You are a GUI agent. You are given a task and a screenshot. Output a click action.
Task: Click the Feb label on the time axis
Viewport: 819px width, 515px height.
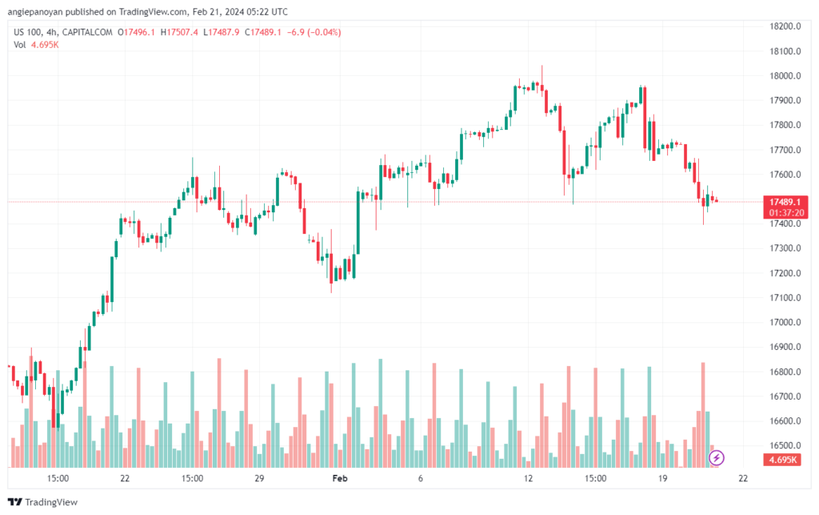[340, 478]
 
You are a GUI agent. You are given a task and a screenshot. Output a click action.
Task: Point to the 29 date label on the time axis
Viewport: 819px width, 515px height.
[259, 478]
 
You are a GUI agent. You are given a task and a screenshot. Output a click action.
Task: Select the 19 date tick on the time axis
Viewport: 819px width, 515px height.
[663, 478]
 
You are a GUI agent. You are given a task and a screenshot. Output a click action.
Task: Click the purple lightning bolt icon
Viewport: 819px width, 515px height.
[717, 458]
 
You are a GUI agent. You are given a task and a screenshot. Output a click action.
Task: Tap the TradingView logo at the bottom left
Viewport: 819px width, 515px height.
[46, 502]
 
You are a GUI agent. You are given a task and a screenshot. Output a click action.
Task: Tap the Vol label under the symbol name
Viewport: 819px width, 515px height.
[20, 45]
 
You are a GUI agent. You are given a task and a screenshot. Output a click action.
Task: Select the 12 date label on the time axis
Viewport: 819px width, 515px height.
[528, 478]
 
